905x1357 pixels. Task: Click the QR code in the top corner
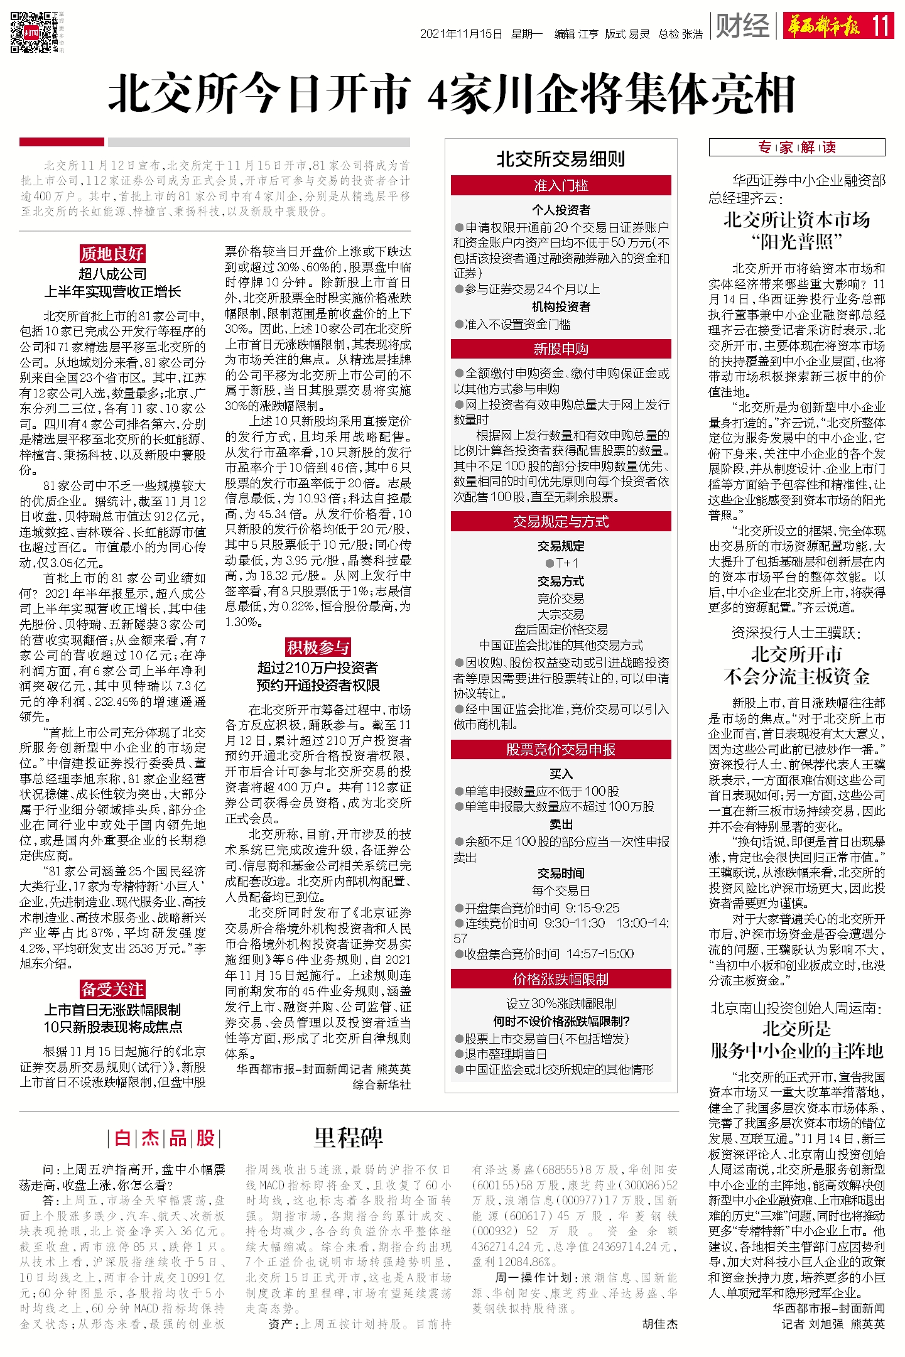(31, 31)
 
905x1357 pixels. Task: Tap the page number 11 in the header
(881, 26)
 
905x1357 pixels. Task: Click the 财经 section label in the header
(742, 26)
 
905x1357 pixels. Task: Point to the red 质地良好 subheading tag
(112, 254)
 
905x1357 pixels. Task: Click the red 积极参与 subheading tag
(318, 647)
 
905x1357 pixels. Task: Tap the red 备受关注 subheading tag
(112, 989)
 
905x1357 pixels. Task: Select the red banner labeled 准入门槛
(561, 185)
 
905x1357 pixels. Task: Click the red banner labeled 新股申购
(561, 349)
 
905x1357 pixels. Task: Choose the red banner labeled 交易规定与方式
(561, 521)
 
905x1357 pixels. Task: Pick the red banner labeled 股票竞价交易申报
(561, 749)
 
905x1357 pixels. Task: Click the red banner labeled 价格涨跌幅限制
(561, 979)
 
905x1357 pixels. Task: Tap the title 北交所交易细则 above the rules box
(561, 159)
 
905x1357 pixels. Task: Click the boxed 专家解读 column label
(796, 148)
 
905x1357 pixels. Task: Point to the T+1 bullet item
(561, 563)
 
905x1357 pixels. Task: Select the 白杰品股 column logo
(164, 1138)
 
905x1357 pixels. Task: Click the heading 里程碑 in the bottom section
(348, 1138)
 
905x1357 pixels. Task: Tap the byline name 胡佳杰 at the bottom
(660, 1324)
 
